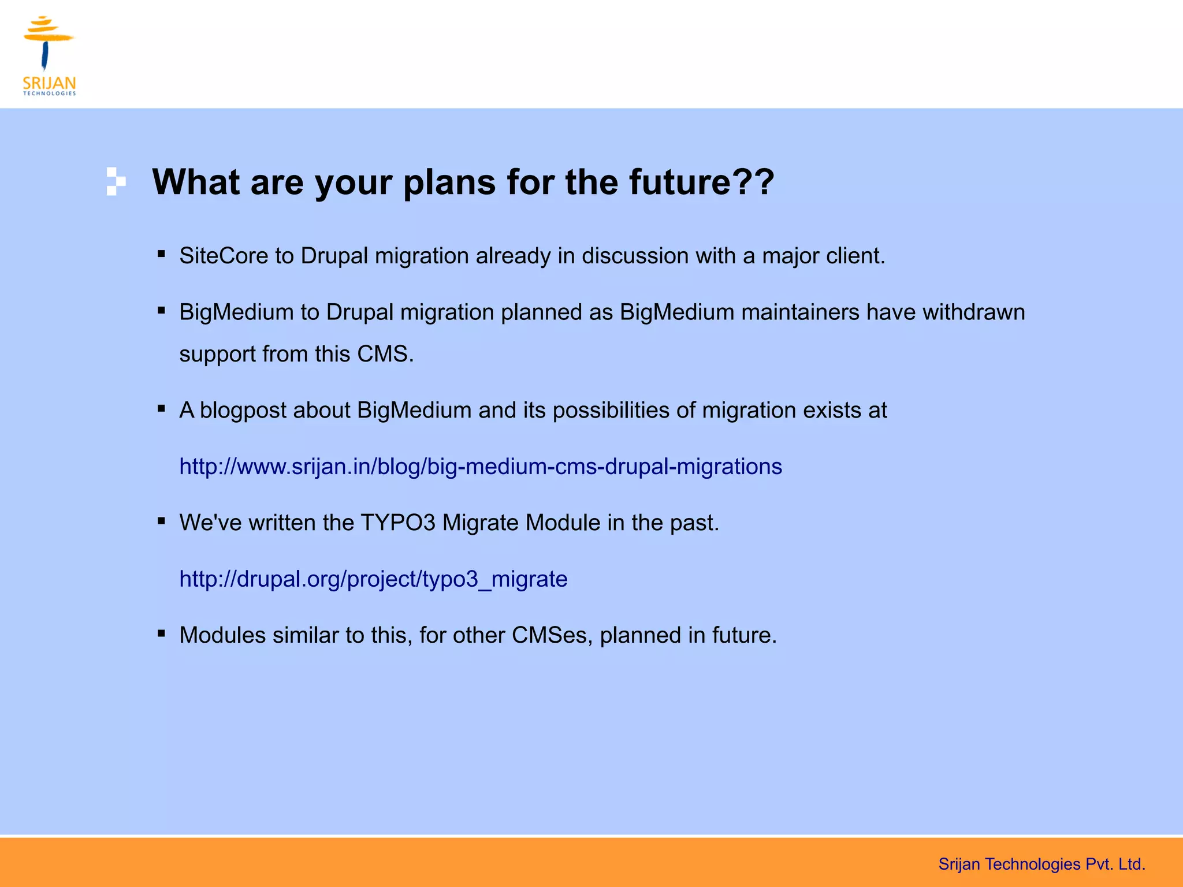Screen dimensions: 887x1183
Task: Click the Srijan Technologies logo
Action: coord(49,55)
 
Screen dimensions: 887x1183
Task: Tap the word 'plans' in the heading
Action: coord(449,183)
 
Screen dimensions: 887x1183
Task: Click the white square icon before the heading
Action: coord(116,181)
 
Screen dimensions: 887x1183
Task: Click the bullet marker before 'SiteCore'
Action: coord(162,254)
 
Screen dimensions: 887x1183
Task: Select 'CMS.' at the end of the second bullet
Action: coord(385,354)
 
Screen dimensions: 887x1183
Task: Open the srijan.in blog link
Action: coord(480,467)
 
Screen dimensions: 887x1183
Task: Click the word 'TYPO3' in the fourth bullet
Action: coord(397,523)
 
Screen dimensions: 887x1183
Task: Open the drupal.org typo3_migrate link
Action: coord(373,579)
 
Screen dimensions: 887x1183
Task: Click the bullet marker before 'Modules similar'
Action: coord(162,633)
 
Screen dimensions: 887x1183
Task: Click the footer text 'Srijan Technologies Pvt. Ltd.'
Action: coord(1041,864)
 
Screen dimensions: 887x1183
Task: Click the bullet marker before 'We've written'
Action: coord(162,521)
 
